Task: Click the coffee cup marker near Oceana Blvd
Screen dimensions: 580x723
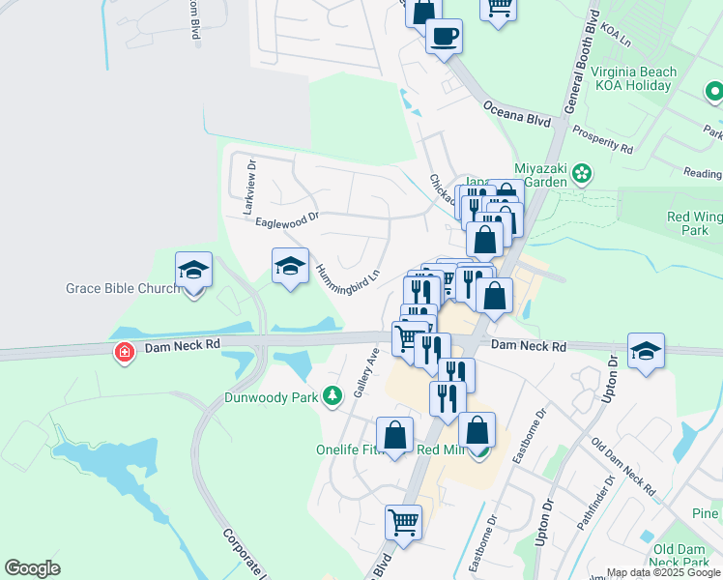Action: [444, 38]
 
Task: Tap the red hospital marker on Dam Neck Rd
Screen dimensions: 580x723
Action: [125, 353]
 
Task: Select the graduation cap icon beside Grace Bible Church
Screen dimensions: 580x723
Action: [193, 271]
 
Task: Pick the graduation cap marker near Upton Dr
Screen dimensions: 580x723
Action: [646, 350]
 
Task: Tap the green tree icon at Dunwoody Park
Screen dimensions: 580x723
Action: [333, 395]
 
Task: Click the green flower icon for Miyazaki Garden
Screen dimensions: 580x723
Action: [581, 173]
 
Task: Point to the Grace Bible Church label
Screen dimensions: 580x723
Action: [123, 288]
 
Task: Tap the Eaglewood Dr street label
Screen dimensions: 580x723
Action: [286, 221]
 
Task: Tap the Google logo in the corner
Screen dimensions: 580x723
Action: [32, 568]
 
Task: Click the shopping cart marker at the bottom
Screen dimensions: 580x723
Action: [403, 523]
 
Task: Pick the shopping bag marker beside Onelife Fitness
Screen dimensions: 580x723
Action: [394, 435]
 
